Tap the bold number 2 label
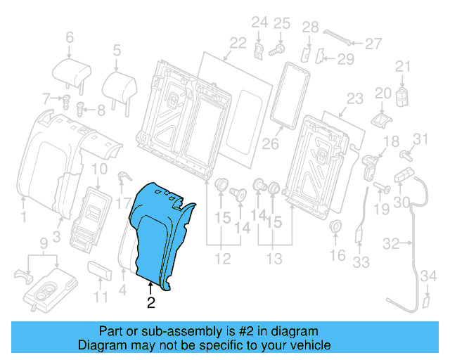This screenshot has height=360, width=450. (x=151, y=303)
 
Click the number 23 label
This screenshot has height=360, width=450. (x=354, y=98)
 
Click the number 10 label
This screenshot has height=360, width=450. (x=99, y=169)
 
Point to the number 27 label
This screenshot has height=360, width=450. (x=373, y=44)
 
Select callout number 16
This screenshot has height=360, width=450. (x=338, y=255)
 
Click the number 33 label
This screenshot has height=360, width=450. (x=361, y=262)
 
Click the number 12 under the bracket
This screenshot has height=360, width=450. (x=222, y=259)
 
